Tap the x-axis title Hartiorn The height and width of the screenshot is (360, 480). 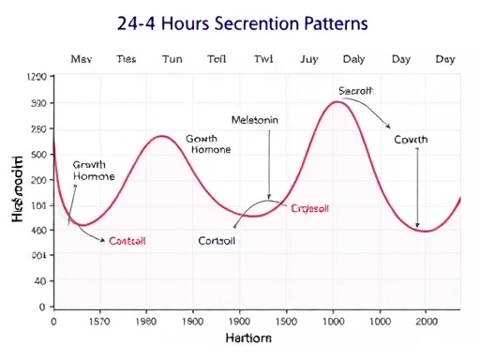click(249, 337)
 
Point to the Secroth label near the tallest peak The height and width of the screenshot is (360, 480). click(356, 91)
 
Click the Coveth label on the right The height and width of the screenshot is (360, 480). click(411, 140)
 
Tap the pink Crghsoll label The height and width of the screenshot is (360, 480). click(310, 208)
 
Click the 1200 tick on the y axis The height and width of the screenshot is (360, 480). click(37, 78)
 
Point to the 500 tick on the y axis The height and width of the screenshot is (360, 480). click(38, 154)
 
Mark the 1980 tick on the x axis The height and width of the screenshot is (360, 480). click(148, 321)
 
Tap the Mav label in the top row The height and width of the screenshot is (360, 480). click(82, 58)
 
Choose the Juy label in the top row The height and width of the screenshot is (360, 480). click(309, 58)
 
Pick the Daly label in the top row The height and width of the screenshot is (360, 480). click(354, 58)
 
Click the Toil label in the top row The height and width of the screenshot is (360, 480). click(217, 58)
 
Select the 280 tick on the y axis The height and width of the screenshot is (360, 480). click(38, 128)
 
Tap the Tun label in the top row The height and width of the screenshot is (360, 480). click(172, 58)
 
